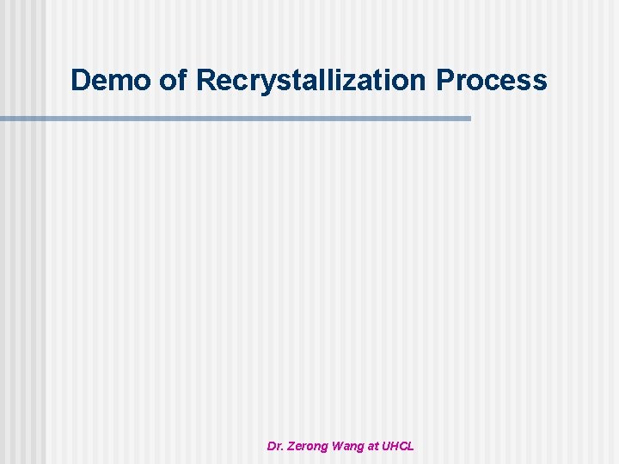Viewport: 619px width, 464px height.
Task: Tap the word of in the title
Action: click(x=174, y=80)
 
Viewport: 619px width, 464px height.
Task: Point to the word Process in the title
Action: click(x=491, y=80)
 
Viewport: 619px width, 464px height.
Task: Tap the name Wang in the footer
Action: click(x=355, y=446)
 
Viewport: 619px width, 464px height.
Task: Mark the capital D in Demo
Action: click(x=81, y=80)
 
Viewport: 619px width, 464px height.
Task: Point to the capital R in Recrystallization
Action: click(x=206, y=80)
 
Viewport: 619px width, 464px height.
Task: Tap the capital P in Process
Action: click(x=445, y=80)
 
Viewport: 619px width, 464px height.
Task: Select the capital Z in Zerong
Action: click(x=291, y=446)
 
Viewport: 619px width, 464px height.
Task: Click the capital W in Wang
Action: click(x=340, y=446)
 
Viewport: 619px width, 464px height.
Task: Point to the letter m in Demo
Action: click(x=119, y=82)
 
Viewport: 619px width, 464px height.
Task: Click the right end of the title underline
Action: click(x=469, y=118)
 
